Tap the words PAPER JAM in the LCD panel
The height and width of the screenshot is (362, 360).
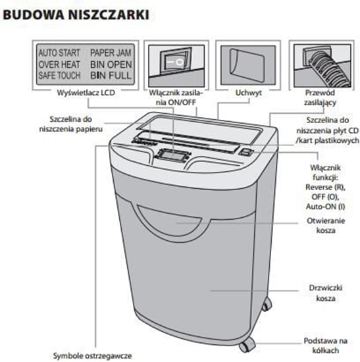pyautogui.click(x=111, y=51)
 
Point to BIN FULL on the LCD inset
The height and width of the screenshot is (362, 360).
pyautogui.click(x=111, y=76)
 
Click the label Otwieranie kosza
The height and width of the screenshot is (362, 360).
pyautogui.click(x=321, y=225)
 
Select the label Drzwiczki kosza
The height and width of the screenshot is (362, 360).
pyautogui.click(x=323, y=292)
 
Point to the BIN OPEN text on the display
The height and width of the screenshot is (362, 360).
pyautogui.click(x=111, y=64)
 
